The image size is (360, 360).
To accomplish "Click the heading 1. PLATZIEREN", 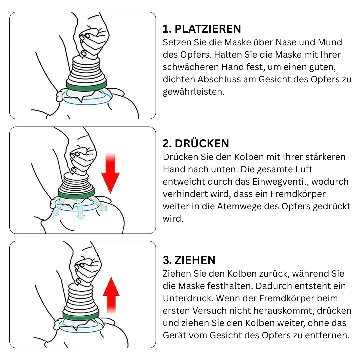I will (202, 29).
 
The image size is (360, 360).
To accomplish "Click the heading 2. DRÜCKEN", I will (196, 144).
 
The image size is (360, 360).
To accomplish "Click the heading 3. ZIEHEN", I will (189, 260).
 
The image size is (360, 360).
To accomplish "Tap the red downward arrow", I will (110, 173).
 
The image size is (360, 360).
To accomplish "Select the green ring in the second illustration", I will (76, 194).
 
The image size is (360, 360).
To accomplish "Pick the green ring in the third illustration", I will (81, 315).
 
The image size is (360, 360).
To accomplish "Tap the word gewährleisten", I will (193, 92).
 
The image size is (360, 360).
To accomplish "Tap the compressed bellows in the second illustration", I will (76, 182).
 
